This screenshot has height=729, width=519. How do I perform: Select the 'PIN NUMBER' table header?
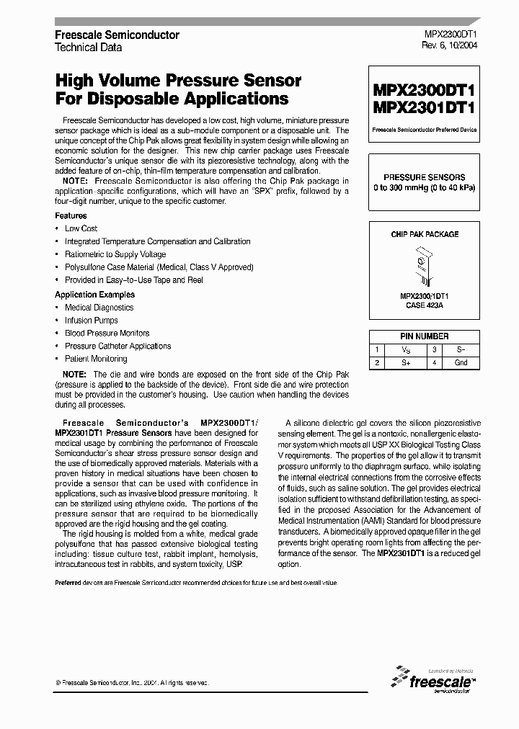pyautogui.click(x=425, y=336)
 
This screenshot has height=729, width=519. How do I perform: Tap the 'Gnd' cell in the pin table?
pyautogui.click(x=461, y=362)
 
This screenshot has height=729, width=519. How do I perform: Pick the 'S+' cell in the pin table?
pyautogui.click(x=405, y=362)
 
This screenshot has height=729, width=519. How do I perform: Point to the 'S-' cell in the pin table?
pyautogui.click(x=461, y=349)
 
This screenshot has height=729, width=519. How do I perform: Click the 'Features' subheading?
pyautogui.click(x=71, y=215)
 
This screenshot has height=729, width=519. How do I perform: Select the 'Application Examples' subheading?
pyautogui.click(x=94, y=295)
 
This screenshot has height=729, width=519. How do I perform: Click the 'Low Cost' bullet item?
pyautogui.click(x=81, y=228)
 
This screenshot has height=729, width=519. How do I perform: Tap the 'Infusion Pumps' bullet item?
pyautogui.click(x=89, y=321)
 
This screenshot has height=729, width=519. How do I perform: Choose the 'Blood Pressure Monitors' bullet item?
pyautogui.click(x=107, y=334)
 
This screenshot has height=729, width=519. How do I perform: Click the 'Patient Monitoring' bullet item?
pyautogui.click(x=96, y=359)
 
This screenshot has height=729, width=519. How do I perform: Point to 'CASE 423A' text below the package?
pyautogui.click(x=424, y=305)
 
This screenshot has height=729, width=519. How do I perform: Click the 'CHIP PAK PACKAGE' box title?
pyautogui.click(x=425, y=235)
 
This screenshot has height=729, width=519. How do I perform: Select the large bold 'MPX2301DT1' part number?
pyautogui.click(x=424, y=108)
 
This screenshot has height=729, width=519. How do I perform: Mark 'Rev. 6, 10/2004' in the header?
pyautogui.click(x=448, y=45)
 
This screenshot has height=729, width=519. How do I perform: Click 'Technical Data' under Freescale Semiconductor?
pyautogui.click(x=89, y=47)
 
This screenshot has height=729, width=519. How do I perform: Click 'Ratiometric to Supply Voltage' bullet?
pyautogui.click(x=115, y=254)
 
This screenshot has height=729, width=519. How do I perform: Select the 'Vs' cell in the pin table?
pyautogui.click(x=405, y=349)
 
